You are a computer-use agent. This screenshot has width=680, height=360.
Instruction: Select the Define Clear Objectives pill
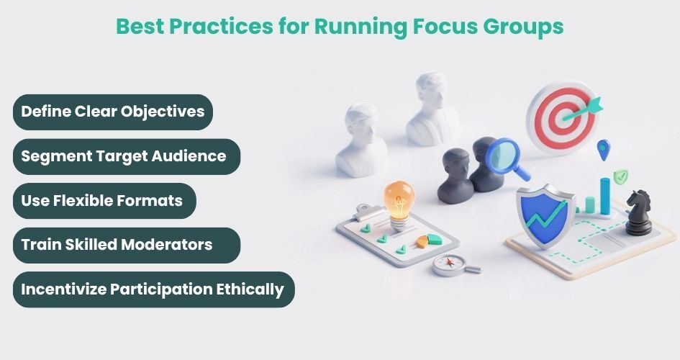[112, 112]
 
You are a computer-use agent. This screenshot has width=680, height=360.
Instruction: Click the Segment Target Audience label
[124, 156]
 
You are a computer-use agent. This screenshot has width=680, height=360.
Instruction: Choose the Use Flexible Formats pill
[102, 200]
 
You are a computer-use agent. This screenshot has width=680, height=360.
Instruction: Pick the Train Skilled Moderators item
[117, 245]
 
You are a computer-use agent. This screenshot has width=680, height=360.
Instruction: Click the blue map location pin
[603, 149]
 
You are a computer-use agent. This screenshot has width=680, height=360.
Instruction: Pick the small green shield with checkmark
[620, 175]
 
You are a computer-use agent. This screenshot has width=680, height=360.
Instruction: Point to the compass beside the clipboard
[448, 264]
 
